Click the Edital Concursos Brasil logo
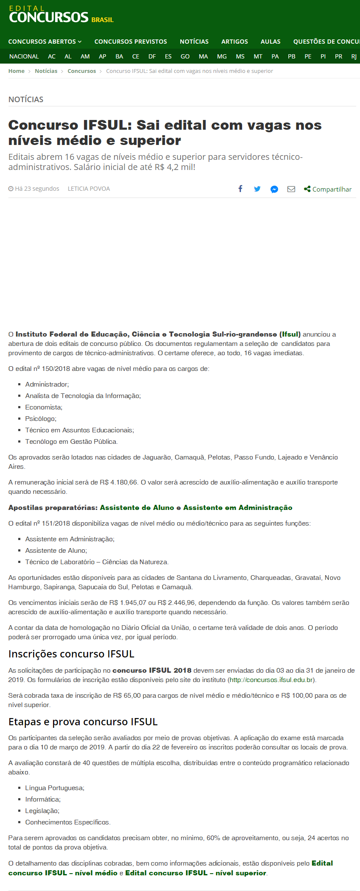coord(61,15)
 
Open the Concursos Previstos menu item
coord(131,42)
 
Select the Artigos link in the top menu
coord(234,42)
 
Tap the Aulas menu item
coord(271,42)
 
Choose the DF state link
coord(152,56)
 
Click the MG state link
coord(222,56)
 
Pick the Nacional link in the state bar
coord(24,56)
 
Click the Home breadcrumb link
coord(17,71)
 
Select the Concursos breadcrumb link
coord(81,71)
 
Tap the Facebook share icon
coord(240,189)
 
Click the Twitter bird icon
coord(257,189)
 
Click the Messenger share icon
coord(274,189)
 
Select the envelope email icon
coord(291,189)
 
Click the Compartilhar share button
coord(328,189)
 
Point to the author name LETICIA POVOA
coord(89,189)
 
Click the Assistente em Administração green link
coord(237,508)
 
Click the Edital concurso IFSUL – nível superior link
coord(195,873)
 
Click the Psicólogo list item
coord(41,419)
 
